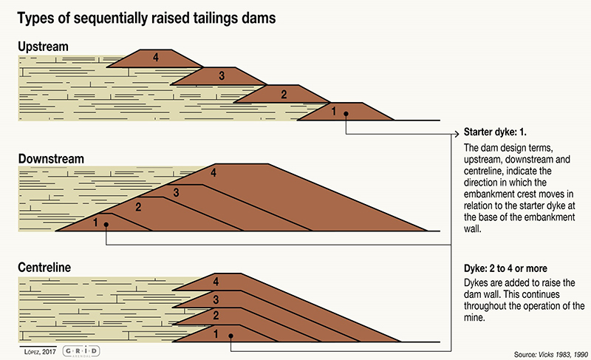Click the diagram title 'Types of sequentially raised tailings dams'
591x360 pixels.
[146, 18]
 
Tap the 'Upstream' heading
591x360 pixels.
[44, 47]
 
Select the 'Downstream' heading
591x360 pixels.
[51, 159]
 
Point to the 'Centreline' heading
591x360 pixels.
[44, 268]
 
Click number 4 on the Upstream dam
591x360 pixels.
[156, 58]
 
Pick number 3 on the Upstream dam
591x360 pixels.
[222, 75]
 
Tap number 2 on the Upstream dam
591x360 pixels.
[284, 94]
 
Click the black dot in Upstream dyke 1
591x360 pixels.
[346, 113]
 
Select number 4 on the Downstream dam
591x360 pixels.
[213, 173]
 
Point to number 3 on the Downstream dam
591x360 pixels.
[176, 193]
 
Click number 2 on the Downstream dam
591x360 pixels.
[138, 207]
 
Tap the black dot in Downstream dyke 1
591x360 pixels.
[106, 225]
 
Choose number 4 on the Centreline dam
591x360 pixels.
[216, 282]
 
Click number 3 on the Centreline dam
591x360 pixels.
[216, 299]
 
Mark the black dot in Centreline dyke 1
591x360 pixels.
[230, 336]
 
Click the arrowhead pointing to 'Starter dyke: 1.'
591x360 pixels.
[457, 134]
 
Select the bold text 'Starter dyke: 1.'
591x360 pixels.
[495, 132]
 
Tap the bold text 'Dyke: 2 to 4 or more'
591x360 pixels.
[505, 268]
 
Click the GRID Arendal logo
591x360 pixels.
[81, 351]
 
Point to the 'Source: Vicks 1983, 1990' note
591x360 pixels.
[550, 354]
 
